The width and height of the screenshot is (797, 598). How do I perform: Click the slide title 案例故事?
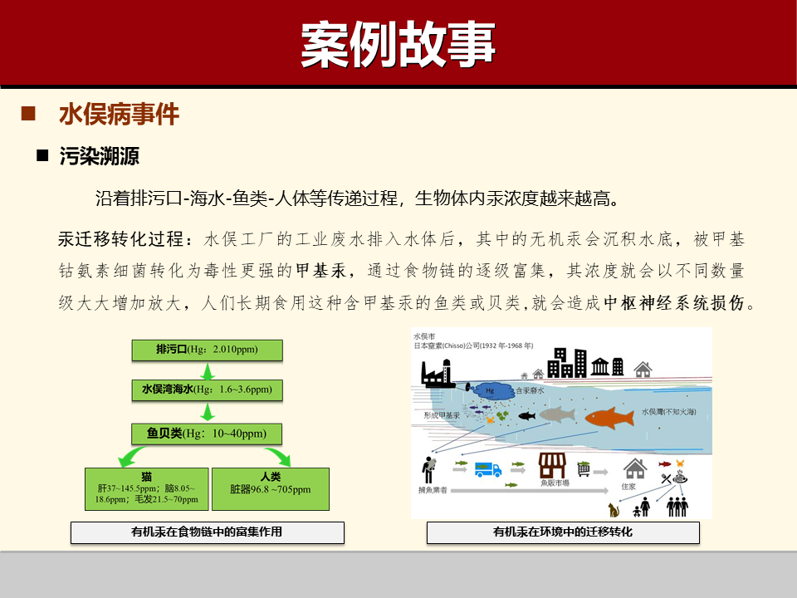[x=398, y=43]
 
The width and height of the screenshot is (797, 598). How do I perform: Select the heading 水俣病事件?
[x=119, y=115]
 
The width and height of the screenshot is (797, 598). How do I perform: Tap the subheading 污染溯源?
[x=99, y=156]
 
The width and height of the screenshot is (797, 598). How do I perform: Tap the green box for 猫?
[x=146, y=488]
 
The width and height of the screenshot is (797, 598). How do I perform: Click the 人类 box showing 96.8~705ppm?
[x=271, y=488]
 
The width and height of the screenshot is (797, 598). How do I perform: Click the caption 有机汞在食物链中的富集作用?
[x=207, y=532]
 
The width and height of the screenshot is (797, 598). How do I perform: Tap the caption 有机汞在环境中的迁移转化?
[x=563, y=532]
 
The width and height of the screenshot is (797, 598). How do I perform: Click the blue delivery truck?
[x=488, y=469]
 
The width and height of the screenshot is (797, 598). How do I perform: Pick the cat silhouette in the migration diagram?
[x=614, y=509]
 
